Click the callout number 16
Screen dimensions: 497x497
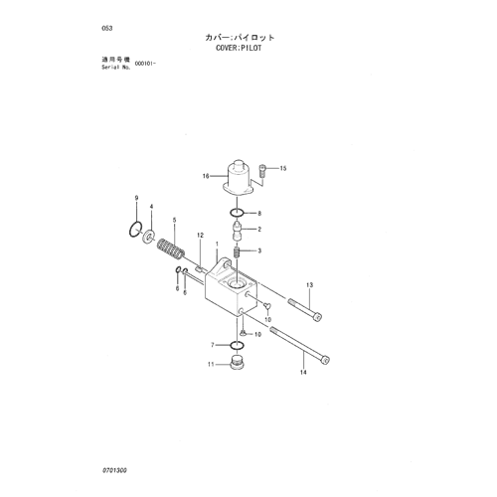pos(206,176)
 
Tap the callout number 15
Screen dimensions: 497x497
pos(283,168)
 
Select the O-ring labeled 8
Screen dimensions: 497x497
pos(238,213)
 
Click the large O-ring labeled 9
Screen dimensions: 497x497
pos(135,230)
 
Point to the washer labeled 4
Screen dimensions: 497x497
pos(149,236)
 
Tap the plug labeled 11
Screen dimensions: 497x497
pos(237,363)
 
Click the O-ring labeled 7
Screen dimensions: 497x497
pos(237,346)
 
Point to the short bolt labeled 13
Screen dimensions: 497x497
pos(305,310)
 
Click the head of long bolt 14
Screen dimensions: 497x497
pos(325,360)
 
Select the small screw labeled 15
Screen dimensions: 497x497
pos(262,172)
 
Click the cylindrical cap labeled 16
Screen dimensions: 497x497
pos(239,178)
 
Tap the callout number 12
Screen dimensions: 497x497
pos(200,236)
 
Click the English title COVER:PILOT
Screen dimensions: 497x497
pos(239,48)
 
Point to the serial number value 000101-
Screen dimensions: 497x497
pos(145,64)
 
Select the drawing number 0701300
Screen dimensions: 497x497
pos(114,470)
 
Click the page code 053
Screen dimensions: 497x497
pos(107,28)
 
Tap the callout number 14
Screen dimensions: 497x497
pos(303,373)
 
